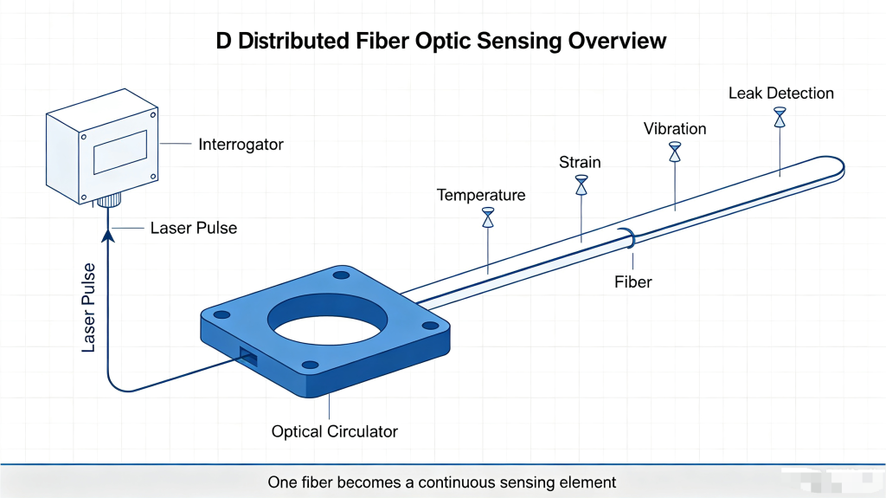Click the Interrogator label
(241, 145)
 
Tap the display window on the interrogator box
(120, 152)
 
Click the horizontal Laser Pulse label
(194, 228)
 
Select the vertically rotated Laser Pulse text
(89, 307)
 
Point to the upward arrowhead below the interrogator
(108, 235)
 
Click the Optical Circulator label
(335, 432)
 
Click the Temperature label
(481, 195)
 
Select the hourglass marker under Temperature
(488, 217)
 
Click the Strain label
(580, 163)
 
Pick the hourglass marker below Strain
(581, 185)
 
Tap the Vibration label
(675, 129)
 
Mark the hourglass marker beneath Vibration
(675, 152)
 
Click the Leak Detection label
(781, 94)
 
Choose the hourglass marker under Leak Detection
(780, 117)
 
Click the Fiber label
(632, 281)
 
